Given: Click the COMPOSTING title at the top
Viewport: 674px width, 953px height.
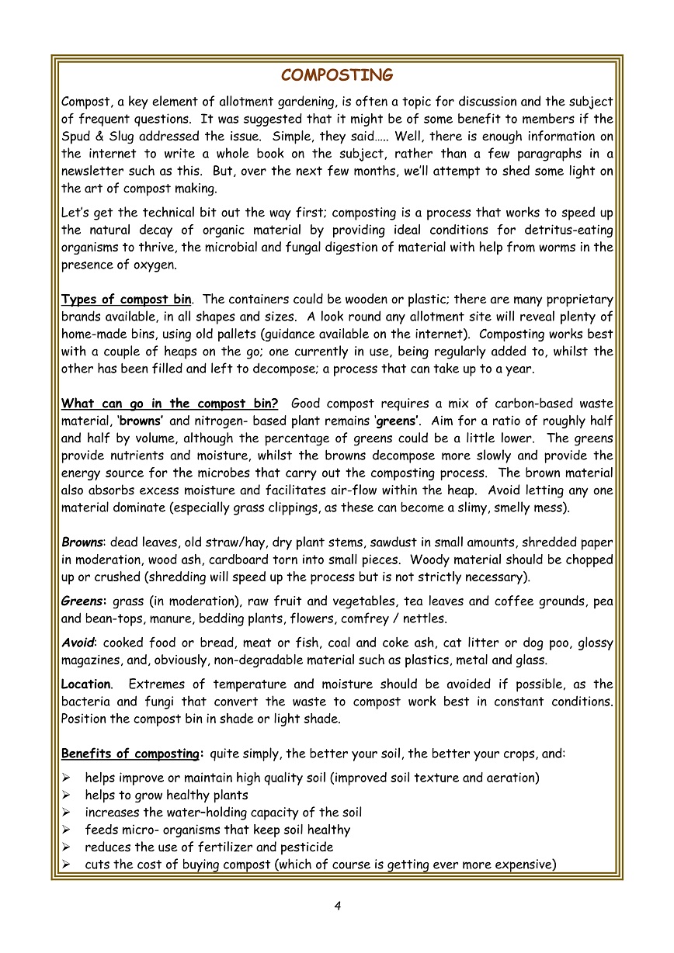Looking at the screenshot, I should click(337, 75).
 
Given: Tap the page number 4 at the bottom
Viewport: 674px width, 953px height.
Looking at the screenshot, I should click(338, 905).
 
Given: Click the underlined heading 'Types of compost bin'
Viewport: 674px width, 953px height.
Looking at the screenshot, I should click(125, 300).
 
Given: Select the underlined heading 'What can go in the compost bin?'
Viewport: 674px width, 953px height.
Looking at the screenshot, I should click(169, 404).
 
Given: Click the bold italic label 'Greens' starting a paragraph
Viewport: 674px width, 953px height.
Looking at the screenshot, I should click(83, 601).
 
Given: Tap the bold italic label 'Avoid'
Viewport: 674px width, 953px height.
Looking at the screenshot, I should click(78, 643).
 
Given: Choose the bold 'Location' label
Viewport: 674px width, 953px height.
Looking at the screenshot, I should click(85, 684).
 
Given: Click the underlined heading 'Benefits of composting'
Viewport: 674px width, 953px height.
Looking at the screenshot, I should click(130, 754).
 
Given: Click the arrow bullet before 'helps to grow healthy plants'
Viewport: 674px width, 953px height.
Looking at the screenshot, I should click(67, 795).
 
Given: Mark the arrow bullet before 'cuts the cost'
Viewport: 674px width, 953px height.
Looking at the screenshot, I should click(67, 865).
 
